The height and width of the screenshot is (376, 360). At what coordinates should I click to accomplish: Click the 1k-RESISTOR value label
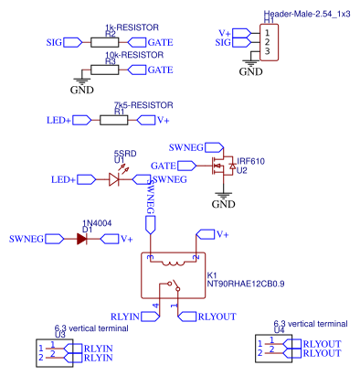coord(125,27)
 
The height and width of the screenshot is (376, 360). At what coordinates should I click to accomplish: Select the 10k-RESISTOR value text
coord(127,54)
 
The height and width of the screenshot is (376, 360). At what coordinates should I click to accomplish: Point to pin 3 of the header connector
coord(266,52)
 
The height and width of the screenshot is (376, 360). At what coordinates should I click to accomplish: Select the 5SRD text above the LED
coord(124,153)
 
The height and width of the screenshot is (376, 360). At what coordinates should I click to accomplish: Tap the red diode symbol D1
coord(83,239)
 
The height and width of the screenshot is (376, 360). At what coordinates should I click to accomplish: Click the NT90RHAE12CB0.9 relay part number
coord(246,284)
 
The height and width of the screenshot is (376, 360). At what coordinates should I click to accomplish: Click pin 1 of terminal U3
coord(42,348)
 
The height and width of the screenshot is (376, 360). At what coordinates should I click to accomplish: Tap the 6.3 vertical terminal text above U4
coord(310,325)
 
